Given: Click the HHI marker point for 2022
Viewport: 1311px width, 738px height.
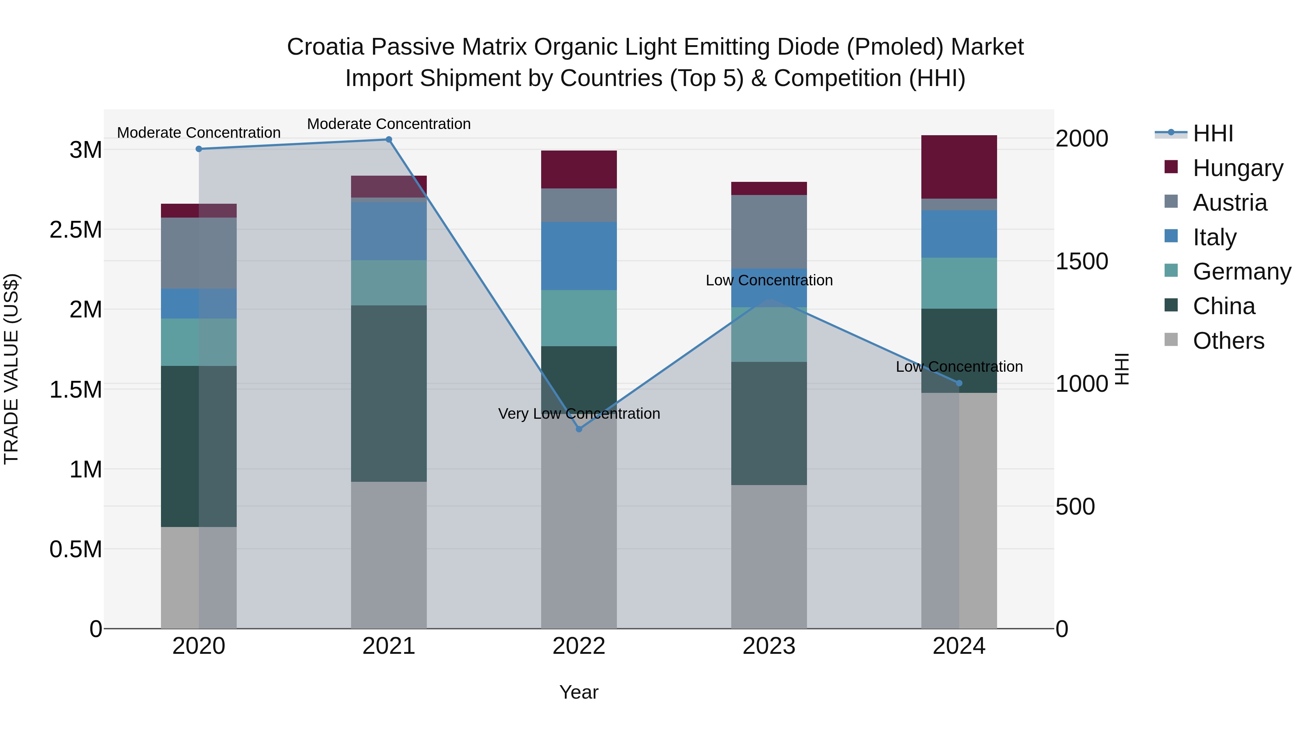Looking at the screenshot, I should [x=579, y=429].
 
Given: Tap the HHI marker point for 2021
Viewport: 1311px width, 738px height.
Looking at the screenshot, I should [x=389, y=140].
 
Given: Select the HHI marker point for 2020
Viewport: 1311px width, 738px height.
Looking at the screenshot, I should [x=199, y=149].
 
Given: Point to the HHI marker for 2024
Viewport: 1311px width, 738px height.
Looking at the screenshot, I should [x=959, y=383].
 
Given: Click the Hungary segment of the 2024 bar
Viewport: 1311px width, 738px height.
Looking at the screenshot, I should [x=959, y=167].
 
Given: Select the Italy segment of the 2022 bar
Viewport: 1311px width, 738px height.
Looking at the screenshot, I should [x=579, y=256].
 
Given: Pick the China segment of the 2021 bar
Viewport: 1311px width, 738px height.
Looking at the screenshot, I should [x=389, y=394].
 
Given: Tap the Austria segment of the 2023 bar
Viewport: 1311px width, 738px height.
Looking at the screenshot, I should [x=769, y=232].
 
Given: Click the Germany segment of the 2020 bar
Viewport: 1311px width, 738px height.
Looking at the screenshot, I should [x=199, y=342].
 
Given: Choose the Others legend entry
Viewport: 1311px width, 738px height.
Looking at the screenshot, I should [x=1228, y=341].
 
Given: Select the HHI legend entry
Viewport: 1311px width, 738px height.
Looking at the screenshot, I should [x=1213, y=133].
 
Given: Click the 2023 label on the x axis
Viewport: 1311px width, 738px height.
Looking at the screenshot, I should [x=769, y=646].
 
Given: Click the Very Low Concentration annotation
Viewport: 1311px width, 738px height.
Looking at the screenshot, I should [x=579, y=414].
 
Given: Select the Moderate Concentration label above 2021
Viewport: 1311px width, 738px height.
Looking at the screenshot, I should [x=389, y=124].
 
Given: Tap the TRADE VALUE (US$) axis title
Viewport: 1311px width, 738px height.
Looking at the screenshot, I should [x=11, y=369].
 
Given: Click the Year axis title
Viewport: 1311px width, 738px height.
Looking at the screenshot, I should [x=579, y=692].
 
